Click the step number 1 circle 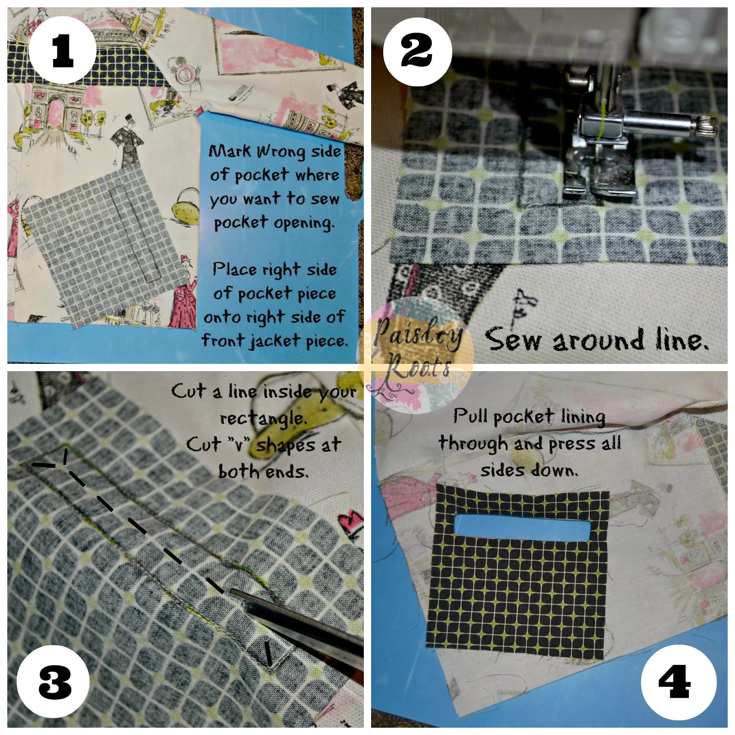click(62, 50)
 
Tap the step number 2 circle click(417, 51)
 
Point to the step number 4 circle click(678, 682)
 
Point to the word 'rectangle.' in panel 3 click(263, 418)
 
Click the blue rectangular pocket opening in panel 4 click(522, 526)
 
